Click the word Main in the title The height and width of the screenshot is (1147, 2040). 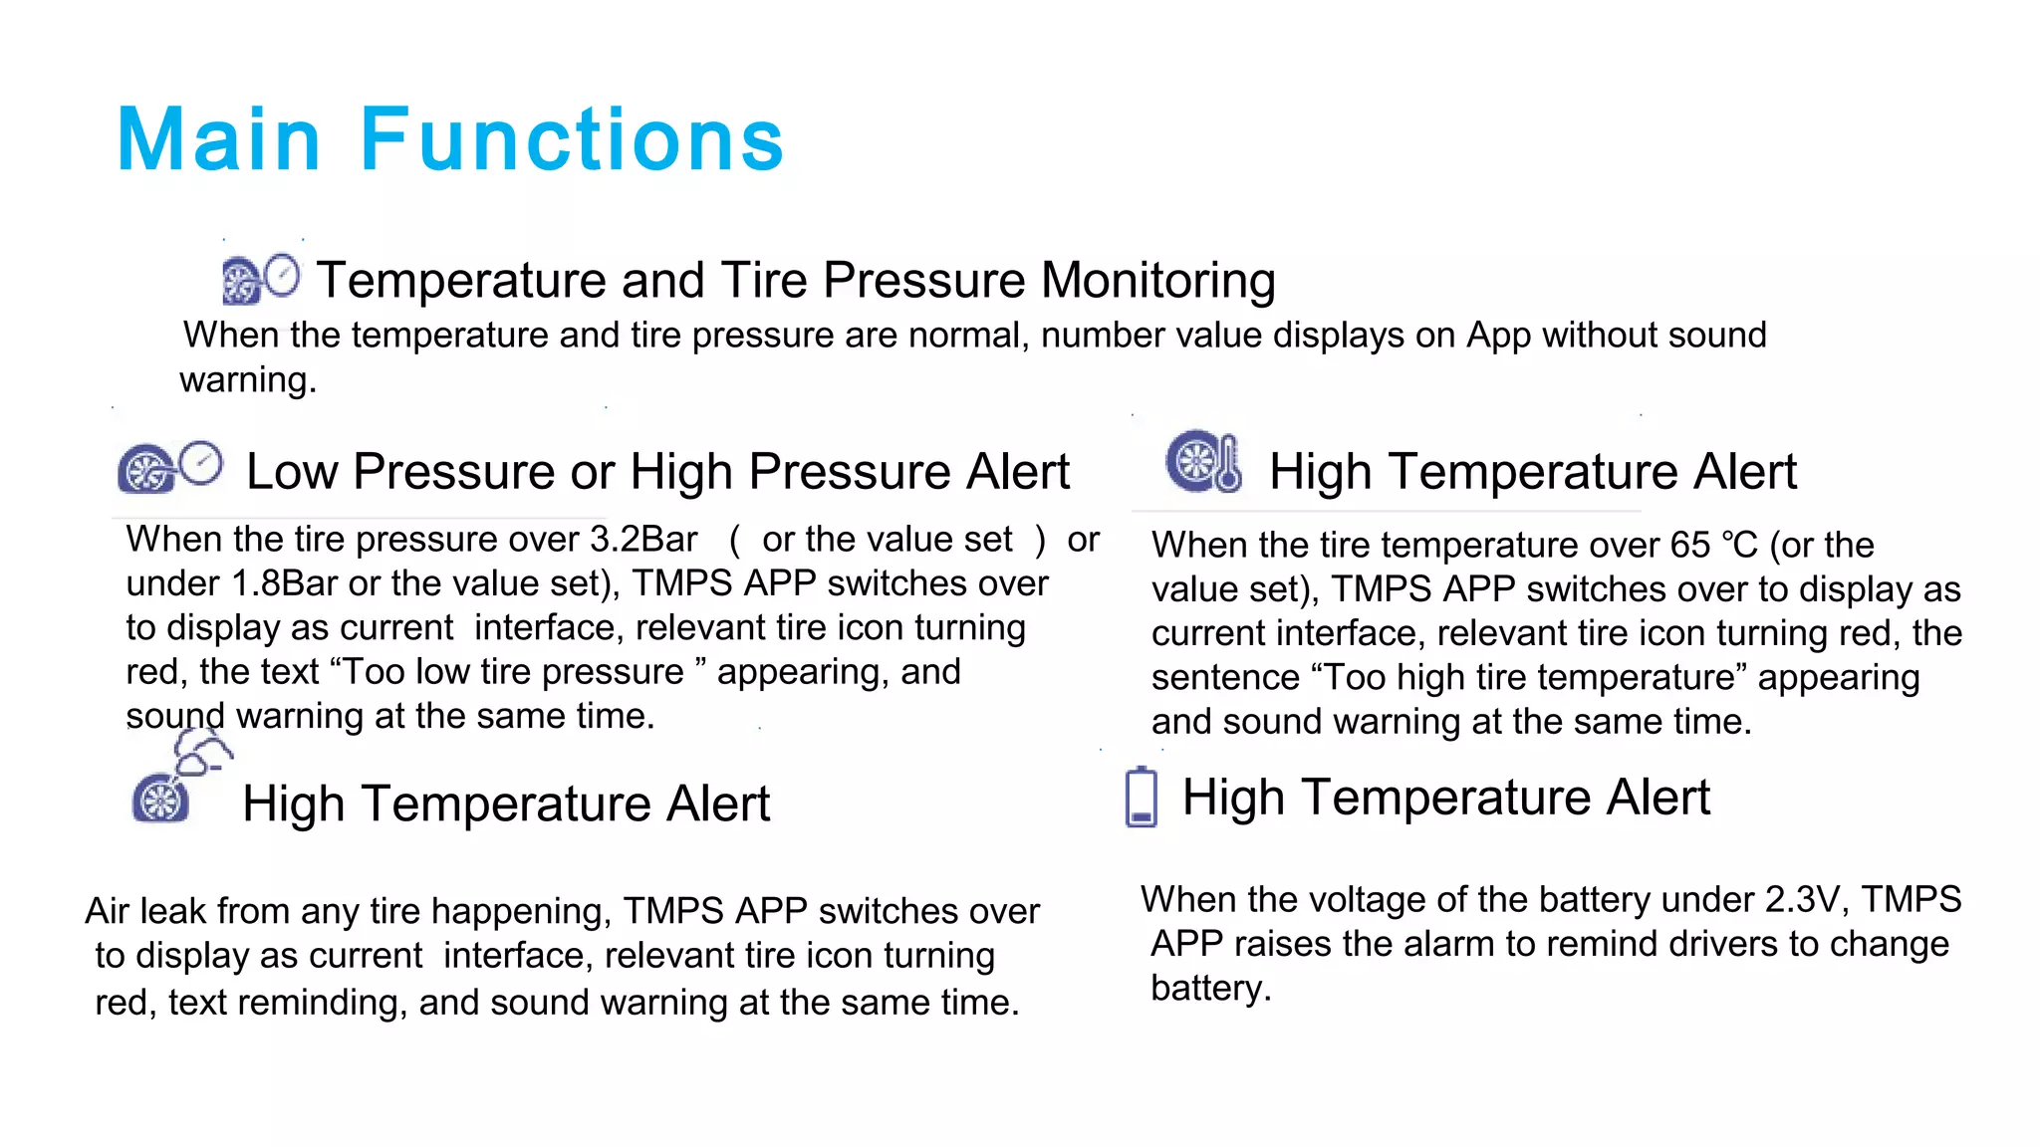(x=218, y=139)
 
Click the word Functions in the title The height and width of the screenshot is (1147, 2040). (x=572, y=139)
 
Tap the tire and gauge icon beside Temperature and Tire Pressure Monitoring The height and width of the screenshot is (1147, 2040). (x=260, y=280)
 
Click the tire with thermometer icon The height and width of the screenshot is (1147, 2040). (x=1204, y=462)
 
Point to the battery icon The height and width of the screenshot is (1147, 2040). (x=1141, y=798)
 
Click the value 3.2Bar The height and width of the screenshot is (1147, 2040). (x=643, y=540)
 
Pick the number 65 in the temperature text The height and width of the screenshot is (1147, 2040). (x=1690, y=546)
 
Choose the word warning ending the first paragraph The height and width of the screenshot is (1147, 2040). (x=247, y=380)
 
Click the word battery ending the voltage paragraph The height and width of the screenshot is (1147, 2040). (x=1210, y=989)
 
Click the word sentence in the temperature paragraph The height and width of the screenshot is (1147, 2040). (x=1224, y=678)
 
